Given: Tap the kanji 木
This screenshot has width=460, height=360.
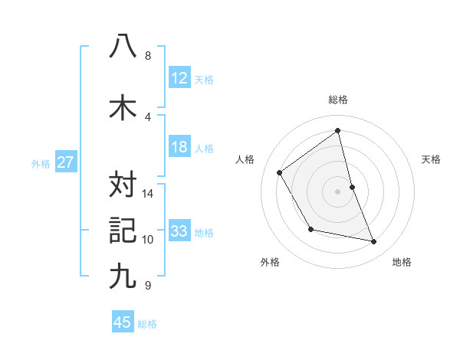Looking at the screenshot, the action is pyautogui.click(x=123, y=108).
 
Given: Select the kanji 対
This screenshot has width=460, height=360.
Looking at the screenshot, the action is pyautogui.click(x=123, y=185).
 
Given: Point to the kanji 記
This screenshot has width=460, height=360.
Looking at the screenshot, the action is pyautogui.click(x=123, y=230).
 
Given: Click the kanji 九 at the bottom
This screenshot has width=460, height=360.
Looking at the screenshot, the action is pyautogui.click(x=123, y=276).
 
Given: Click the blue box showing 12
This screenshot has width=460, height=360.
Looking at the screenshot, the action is pyautogui.click(x=179, y=78).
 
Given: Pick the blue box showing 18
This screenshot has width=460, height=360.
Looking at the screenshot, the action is pyautogui.click(x=179, y=148).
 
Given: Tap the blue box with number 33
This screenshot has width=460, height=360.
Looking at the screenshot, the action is pyautogui.click(x=179, y=231).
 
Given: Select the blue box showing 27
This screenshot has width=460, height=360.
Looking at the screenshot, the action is pyautogui.click(x=65, y=162).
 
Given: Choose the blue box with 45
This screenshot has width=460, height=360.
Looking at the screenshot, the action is pyautogui.click(x=123, y=322).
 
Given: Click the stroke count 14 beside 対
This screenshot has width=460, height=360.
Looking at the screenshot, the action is pyautogui.click(x=149, y=194).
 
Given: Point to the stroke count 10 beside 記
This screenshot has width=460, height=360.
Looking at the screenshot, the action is pyautogui.click(x=149, y=240).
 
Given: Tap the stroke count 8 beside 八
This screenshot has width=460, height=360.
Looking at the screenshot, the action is pyautogui.click(x=147, y=56).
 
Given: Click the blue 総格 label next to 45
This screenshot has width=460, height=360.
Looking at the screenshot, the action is pyautogui.click(x=147, y=324).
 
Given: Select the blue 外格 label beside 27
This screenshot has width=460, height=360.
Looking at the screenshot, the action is pyautogui.click(x=41, y=163).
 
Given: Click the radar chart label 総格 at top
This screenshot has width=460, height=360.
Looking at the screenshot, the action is pyautogui.click(x=338, y=100).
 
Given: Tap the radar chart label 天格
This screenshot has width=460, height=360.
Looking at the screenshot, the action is pyautogui.click(x=432, y=159).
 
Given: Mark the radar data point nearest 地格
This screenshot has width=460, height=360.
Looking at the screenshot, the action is pyautogui.click(x=374, y=242).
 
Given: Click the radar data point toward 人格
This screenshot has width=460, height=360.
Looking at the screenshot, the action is pyautogui.click(x=280, y=173).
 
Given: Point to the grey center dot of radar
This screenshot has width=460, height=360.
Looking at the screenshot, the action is pyautogui.click(x=337, y=191).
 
